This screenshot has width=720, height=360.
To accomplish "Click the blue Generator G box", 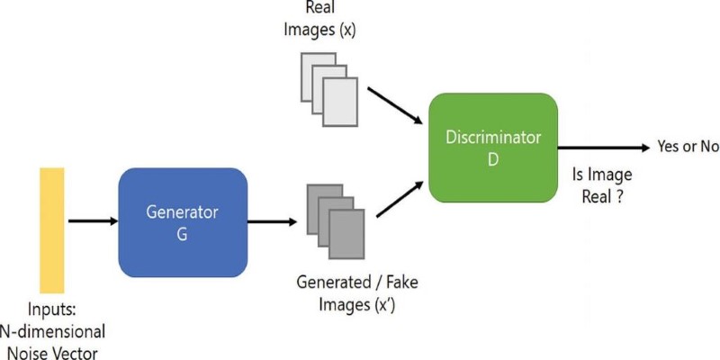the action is coord(183,222).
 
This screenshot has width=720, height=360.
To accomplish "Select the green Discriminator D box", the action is coord(493,148).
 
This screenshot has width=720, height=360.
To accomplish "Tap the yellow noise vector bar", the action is coord(52,230).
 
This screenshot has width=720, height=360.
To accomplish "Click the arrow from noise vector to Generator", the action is coord(94,221).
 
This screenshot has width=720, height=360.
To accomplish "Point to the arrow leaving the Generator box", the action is coord(273,221).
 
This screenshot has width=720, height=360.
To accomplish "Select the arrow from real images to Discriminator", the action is coord(395,105).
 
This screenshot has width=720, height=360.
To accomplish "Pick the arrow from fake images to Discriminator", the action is coord(400,199).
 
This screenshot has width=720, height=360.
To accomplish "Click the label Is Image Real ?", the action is coord(602,185).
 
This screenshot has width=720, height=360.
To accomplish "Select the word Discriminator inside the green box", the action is coord(493,138).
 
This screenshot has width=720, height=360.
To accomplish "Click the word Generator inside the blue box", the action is coord(183,212).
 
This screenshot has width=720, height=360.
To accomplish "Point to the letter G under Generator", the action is coord(183,235).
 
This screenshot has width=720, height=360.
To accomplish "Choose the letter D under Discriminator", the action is coord(493,160).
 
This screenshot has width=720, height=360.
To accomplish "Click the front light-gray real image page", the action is coord(340,102).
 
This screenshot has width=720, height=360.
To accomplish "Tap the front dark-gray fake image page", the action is coord(346,234).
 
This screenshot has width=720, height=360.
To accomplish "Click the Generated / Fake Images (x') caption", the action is coord(357,293).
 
